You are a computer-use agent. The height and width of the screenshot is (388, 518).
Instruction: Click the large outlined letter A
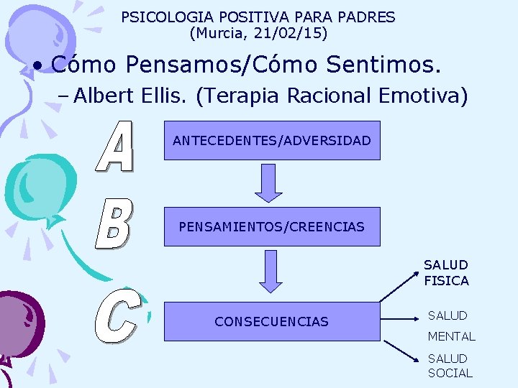(116, 148)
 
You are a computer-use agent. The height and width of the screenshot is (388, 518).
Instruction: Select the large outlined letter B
(113, 224)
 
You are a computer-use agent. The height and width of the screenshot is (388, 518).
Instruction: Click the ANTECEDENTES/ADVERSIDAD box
(272, 141)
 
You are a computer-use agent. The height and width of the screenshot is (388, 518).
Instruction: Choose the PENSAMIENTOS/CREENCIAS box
(272, 227)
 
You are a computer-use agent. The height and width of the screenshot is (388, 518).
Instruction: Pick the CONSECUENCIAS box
(272, 321)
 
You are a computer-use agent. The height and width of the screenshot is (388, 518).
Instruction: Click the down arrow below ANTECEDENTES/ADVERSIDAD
(269, 183)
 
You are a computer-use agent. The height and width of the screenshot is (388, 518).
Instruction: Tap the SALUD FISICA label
(446, 273)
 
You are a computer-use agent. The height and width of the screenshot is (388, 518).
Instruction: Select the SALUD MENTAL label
(451, 325)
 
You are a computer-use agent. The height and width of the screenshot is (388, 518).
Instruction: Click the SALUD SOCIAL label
(450, 366)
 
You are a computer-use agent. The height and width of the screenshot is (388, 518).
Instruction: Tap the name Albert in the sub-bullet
(99, 95)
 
